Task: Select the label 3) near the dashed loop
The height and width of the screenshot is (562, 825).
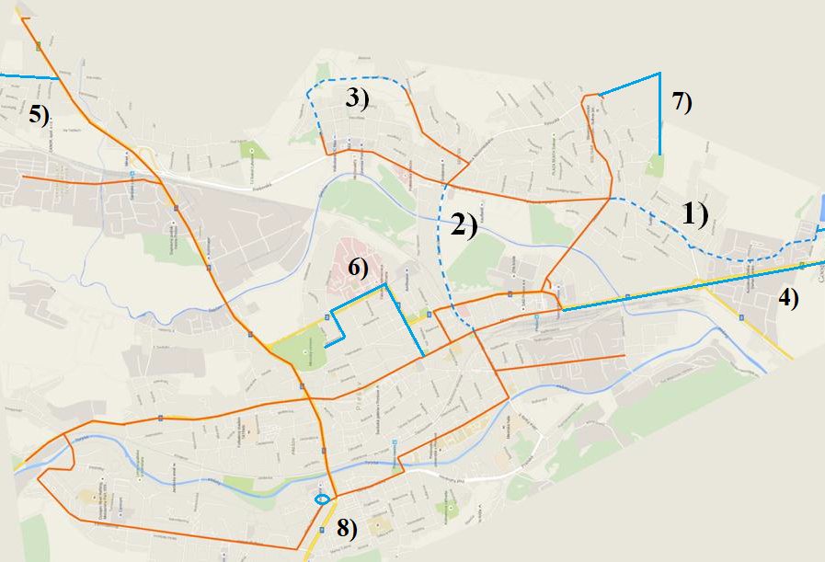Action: click(x=358, y=98)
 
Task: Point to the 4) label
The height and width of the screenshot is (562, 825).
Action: click(x=788, y=296)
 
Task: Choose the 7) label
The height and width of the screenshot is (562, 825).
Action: click(x=682, y=102)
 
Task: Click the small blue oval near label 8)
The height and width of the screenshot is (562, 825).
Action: click(x=322, y=499)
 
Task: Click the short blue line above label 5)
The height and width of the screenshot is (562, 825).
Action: click(x=28, y=76)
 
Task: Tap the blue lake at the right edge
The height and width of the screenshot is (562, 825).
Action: click(x=820, y=211)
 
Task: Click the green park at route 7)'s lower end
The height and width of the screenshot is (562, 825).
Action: click(x=655, y=166)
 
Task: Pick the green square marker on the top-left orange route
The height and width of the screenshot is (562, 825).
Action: click(x=38, y=45)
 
